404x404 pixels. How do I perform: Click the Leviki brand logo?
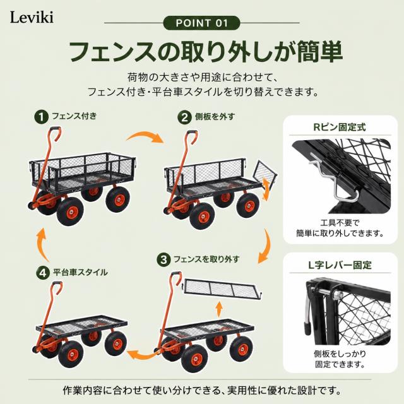[32, 18]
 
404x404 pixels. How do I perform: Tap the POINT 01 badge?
[201, 23]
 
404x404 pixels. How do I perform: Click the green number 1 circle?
[41, 117]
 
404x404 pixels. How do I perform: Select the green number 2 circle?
[184, 118]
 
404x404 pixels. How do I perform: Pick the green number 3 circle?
[163, 259]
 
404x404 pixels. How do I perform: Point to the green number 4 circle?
[43, 273]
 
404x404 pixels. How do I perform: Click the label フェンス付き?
[74, 116]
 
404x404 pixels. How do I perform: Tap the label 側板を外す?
[215, 117]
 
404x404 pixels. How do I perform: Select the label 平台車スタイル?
[80, 272]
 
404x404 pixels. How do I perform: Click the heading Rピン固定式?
[340, 128]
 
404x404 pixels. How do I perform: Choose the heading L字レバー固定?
[340, 265]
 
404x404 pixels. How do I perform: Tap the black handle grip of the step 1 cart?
[55, 129]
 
